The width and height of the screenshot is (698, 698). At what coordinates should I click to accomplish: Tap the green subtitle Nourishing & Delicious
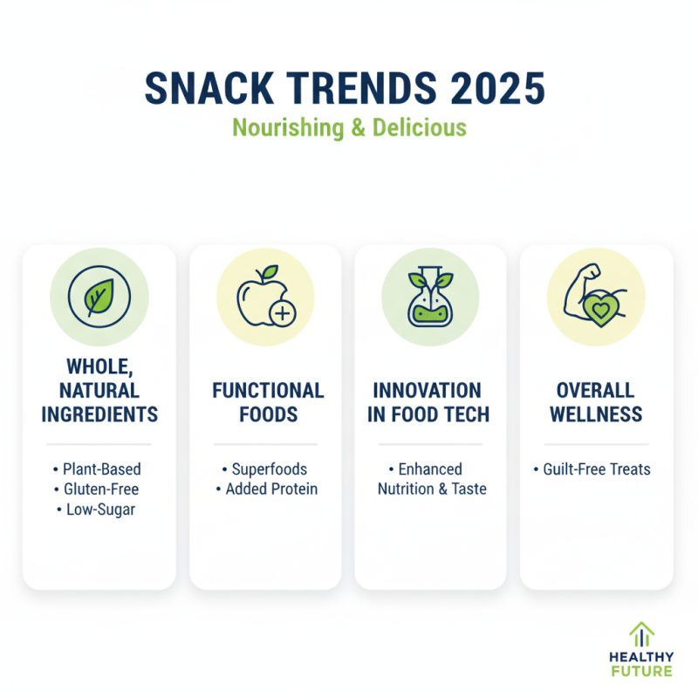(349, 127)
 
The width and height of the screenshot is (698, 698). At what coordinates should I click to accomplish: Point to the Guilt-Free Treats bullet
(597, 469)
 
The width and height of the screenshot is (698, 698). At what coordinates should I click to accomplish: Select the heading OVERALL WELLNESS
(596, 401)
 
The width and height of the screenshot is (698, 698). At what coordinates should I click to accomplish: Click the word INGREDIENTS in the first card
(99, 413)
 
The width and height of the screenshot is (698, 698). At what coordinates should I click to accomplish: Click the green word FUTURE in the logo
(641, 671)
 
